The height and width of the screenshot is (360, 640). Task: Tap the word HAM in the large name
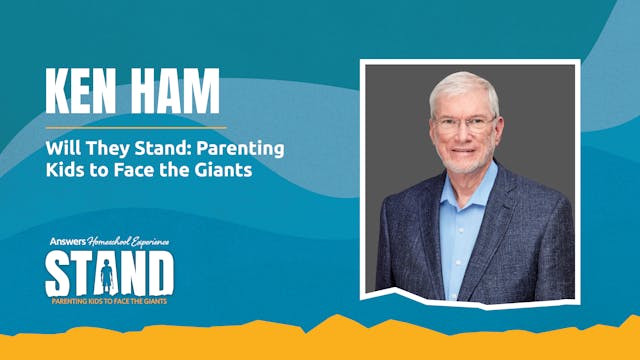pyautogui.click(x=179, y=92)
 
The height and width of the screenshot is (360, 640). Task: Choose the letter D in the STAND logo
pyautogui.click(x=159, y=272)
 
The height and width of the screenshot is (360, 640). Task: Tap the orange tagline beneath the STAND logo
pyautogui.click(x=110, y=299)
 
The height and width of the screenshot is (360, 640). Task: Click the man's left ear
pyautogui.click(x=498, y=130)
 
